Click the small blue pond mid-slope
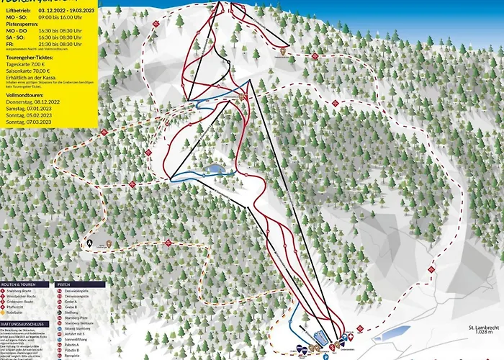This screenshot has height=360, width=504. [x=213, y=169]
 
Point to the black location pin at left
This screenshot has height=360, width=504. [x=90, y=243]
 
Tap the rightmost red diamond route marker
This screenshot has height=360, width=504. [x=431, y=269]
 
